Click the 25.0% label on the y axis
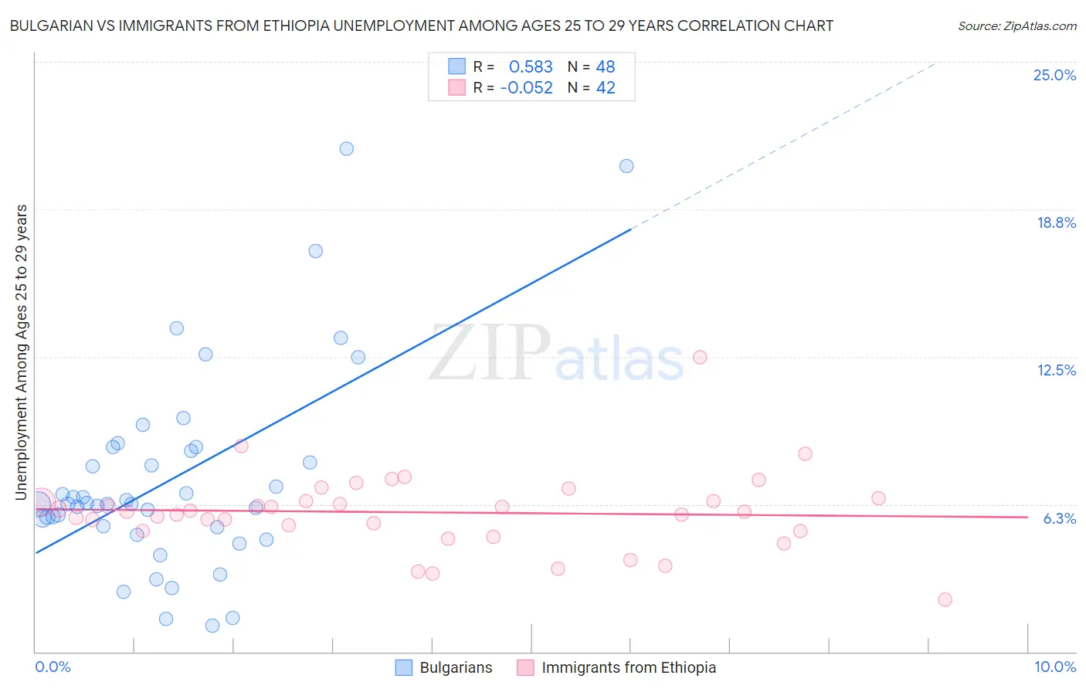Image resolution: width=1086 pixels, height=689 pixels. (x=1054, y=75)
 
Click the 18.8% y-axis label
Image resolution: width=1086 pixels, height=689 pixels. (x=1056, y=222)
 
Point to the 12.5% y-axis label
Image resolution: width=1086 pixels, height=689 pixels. (x=1056, y=370)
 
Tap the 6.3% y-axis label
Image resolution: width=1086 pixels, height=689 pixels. (x=1059, y=518)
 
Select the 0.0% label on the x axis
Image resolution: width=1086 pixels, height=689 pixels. (x=53, y=667)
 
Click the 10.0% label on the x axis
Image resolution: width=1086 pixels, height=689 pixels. (x=1054, y=667)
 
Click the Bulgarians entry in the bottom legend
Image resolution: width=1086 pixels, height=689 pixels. (x=455, y=667)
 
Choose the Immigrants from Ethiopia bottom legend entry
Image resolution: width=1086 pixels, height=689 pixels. (x=628, y=667)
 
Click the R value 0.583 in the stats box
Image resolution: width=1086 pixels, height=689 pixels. (x=531, y=67)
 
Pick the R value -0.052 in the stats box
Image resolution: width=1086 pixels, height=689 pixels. (x=527, y=88)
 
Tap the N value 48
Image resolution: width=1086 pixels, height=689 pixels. (x=606, y=67)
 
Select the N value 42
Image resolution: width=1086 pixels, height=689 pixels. (x=606, y=88)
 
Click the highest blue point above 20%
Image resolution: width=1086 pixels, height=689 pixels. (x=347, y=148)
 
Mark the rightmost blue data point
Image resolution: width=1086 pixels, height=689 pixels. (x=626, y=166)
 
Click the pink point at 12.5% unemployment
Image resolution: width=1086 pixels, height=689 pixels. (x=700, y=357)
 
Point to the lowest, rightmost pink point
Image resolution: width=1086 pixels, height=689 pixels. (x=945, y=599)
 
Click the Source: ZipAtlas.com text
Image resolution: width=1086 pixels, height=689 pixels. (x=1016, y=26)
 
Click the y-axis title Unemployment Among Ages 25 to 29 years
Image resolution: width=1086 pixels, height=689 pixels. (x=22, y=352)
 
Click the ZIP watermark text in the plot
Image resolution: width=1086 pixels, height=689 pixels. (x=489, y=352)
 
